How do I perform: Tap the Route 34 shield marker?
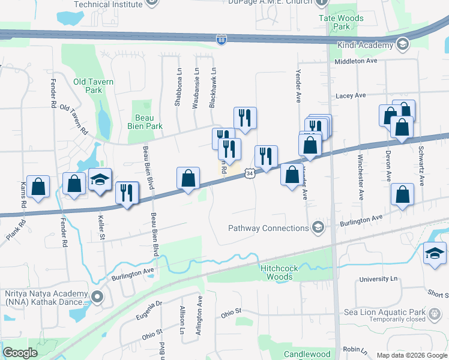249,173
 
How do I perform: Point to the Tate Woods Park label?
341,22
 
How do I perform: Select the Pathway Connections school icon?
318,227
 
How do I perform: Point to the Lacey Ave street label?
351,95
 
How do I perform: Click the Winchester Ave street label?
360,178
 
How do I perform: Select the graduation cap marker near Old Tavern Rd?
100,179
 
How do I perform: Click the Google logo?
20,353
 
